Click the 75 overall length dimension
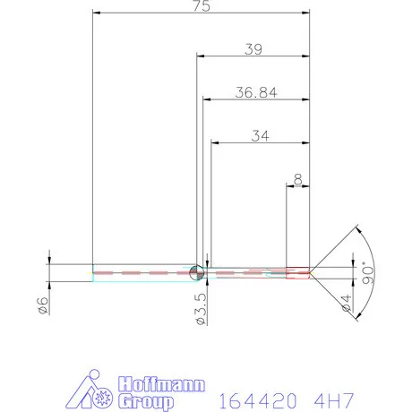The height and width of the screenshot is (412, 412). pyautogui.click(x=202, y=6)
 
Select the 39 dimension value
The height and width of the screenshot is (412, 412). pyautogui.click(x=253, y=49)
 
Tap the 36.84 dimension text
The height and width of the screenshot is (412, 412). pyautogui.click(x=256, y=92)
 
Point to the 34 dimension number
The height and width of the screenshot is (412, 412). pyautogui.click(x=260, y=136)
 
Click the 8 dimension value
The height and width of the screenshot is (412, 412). pyautogui.click(x=297, y=179)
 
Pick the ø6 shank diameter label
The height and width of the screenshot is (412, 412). pyautogui.click(x=43, y=305)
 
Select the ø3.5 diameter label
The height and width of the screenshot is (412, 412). pyautogui.click(x=201, y=309)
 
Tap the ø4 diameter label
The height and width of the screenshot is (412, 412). pyautogui.click(x=346, y=303)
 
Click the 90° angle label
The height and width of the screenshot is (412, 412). pyautogui.click(x=368, y=273)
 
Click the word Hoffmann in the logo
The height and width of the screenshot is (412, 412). pyautogui.click(x=161, y=384)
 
